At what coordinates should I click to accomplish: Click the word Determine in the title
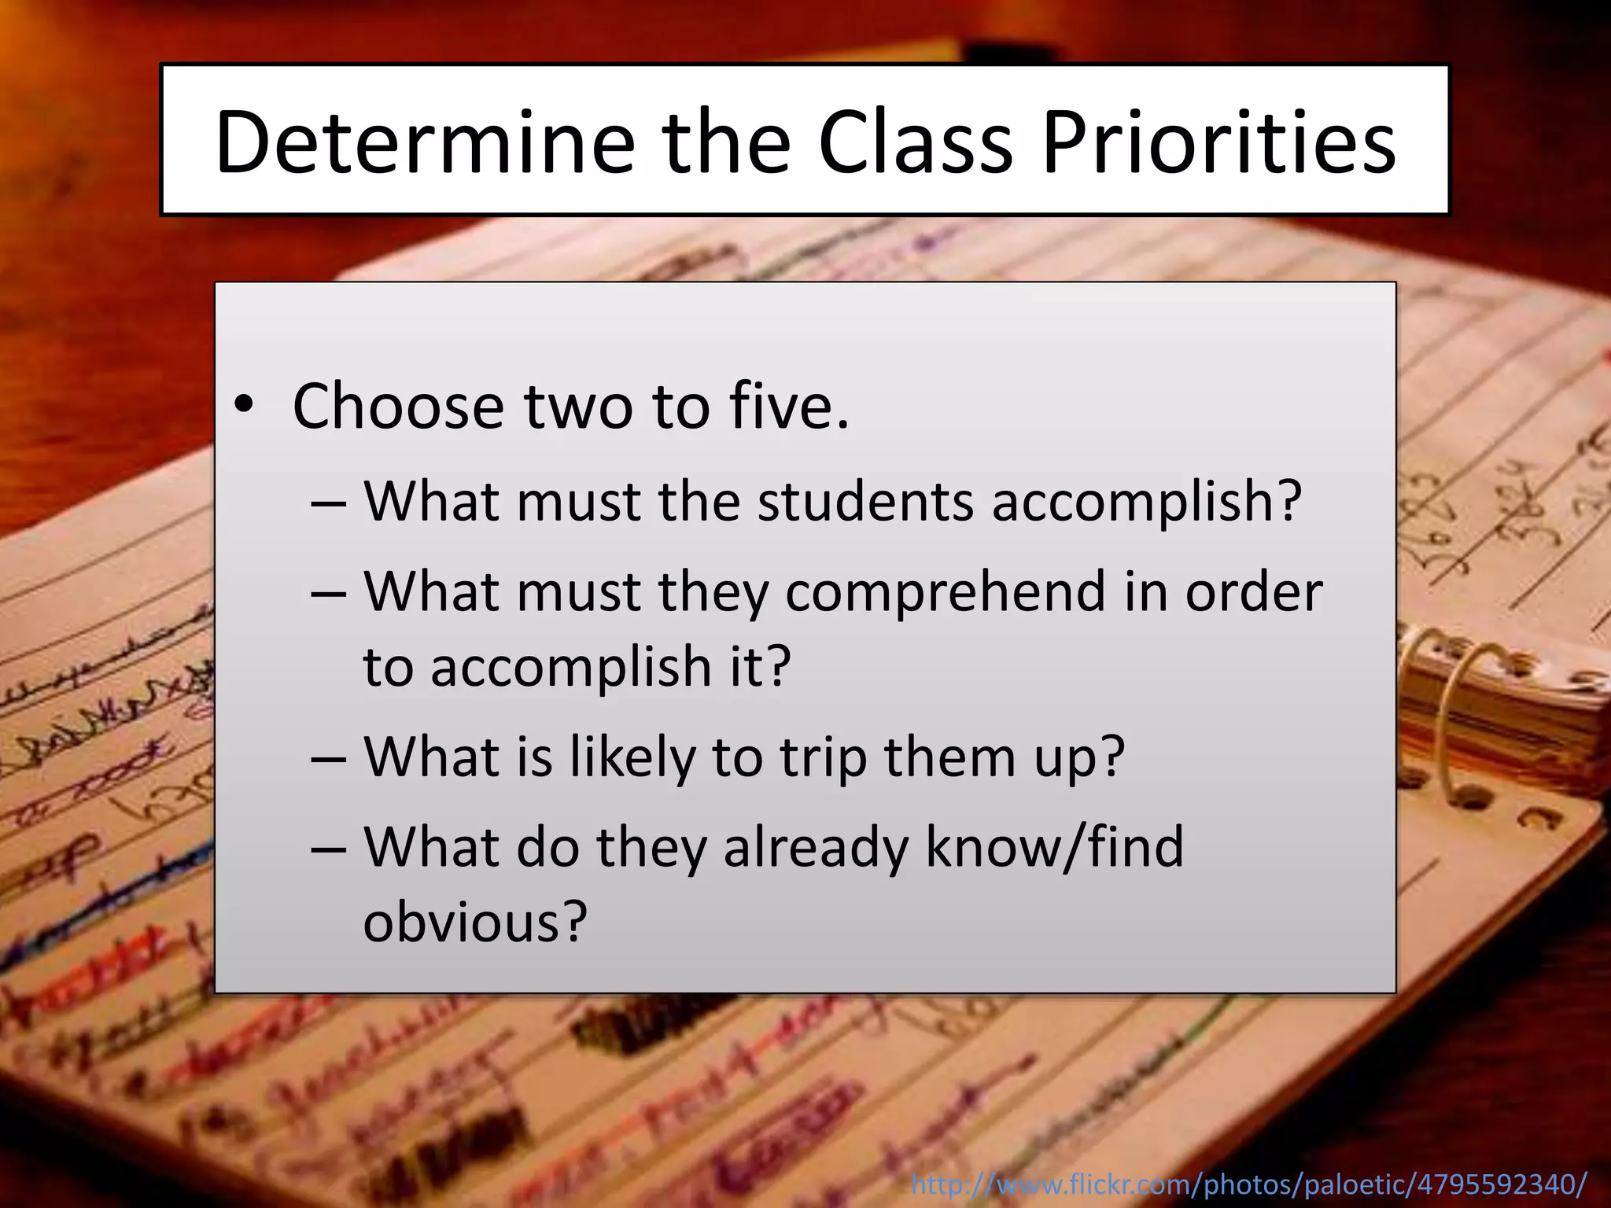(x=425, y=142)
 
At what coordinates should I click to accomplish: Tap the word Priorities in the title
(x=1218, y=142)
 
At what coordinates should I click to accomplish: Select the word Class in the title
(x=916, y=142)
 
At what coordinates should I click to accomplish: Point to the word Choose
(x=397, y=407)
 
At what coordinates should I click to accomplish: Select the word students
(x=865, y=501)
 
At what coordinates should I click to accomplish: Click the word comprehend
(x=946, y=593)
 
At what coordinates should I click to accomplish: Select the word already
(x=815, y=848)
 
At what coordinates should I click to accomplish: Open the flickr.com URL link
(x=1248, y=1184)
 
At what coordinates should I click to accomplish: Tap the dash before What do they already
(x=328, y=849)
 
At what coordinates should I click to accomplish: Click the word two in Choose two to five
(x=578, y=407)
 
